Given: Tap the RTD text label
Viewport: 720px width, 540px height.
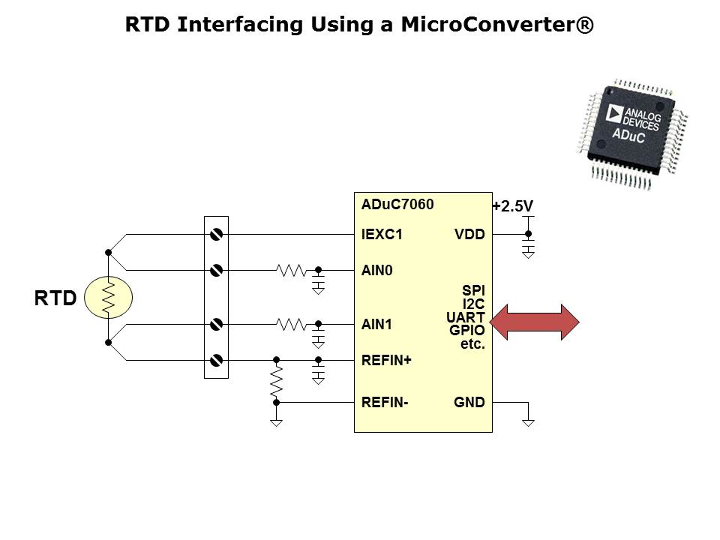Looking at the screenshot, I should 55,298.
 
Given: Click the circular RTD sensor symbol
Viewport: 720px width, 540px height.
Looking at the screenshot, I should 108,297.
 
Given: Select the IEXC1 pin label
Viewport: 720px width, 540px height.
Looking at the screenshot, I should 382,235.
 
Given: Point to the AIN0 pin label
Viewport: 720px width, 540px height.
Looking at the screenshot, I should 377,270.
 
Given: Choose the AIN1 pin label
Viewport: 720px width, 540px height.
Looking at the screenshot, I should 377,325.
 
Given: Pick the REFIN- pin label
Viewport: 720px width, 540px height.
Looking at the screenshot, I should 384,403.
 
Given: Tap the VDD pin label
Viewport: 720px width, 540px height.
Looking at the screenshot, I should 469,235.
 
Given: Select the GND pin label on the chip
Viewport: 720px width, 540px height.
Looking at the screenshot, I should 469,403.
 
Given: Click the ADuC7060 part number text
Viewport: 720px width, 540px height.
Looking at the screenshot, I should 397,204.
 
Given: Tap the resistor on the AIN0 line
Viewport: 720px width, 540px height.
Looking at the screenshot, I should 291,270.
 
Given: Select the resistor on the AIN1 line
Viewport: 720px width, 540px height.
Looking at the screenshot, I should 291,325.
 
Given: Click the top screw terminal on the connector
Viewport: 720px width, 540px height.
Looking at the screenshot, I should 216,235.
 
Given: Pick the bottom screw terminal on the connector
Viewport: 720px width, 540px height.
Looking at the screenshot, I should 216,361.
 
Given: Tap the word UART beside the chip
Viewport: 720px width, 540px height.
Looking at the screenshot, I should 466,317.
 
